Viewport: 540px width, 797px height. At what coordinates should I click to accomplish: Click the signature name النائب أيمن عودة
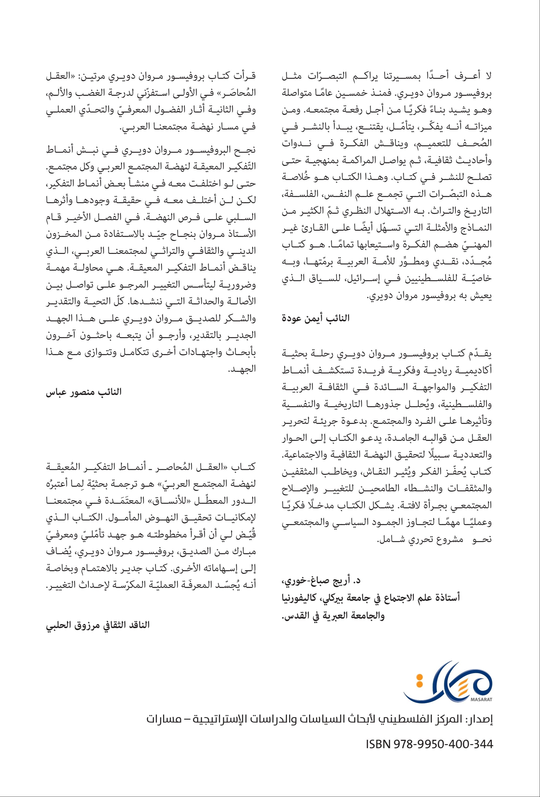[316, 318]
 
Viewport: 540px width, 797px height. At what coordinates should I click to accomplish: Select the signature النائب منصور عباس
[84, 392]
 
